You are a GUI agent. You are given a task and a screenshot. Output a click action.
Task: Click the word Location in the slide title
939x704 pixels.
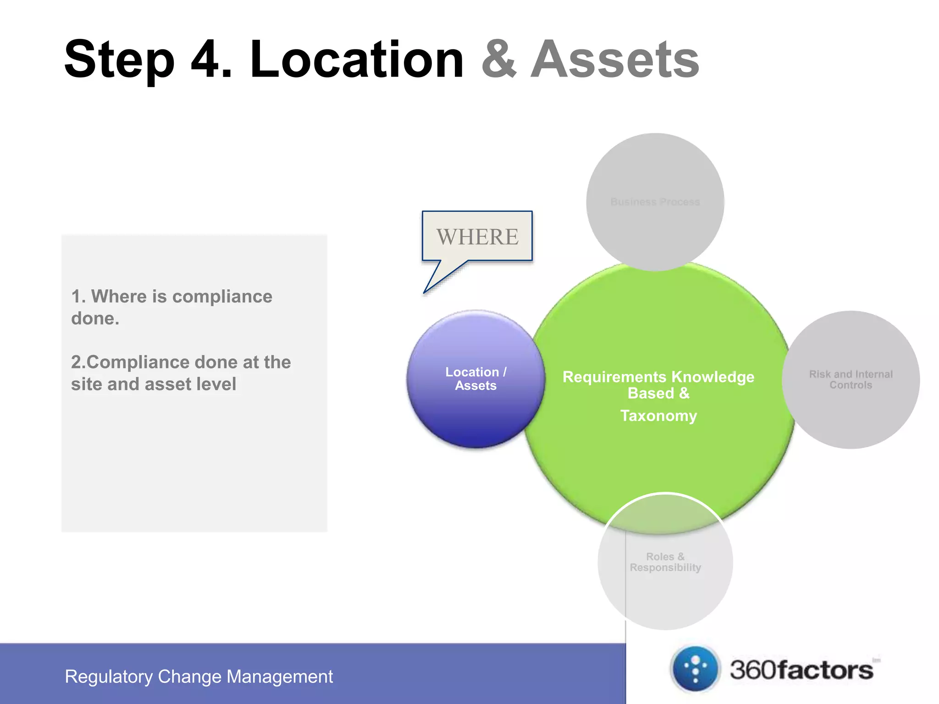[x=357, y=60]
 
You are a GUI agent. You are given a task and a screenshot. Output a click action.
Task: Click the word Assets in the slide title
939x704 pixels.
[x=615, y=60]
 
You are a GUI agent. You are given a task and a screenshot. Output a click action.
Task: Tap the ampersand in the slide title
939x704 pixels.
[x=499, y=60]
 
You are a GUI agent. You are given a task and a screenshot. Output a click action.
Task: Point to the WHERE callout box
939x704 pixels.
[x=477, y=236]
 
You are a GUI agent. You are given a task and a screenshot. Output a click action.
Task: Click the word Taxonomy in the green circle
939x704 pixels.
[x=658, y=416]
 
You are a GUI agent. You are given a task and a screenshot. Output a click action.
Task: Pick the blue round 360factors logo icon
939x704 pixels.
[x=695, y=669]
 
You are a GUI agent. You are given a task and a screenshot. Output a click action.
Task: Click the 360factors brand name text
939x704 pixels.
[x=801, y=670]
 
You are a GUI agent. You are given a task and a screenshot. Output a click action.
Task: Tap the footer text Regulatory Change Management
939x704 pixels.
[x=199, y=676]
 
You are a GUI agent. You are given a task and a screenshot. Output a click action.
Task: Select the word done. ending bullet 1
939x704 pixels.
[x=95, y=319]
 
